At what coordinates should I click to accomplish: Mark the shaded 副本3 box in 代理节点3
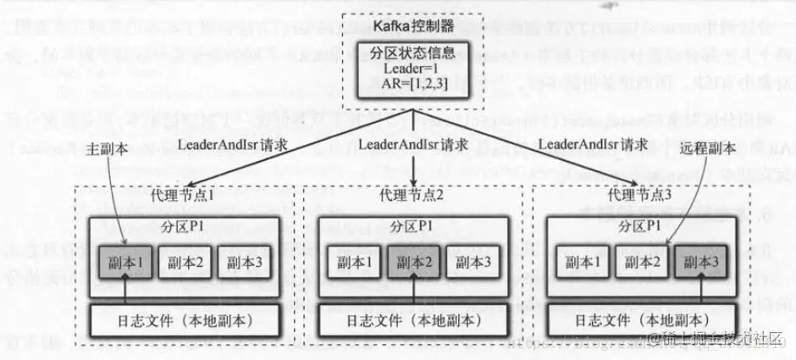[x=699, y=263]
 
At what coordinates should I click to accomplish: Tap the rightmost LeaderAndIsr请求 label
[x=595, y=145]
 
